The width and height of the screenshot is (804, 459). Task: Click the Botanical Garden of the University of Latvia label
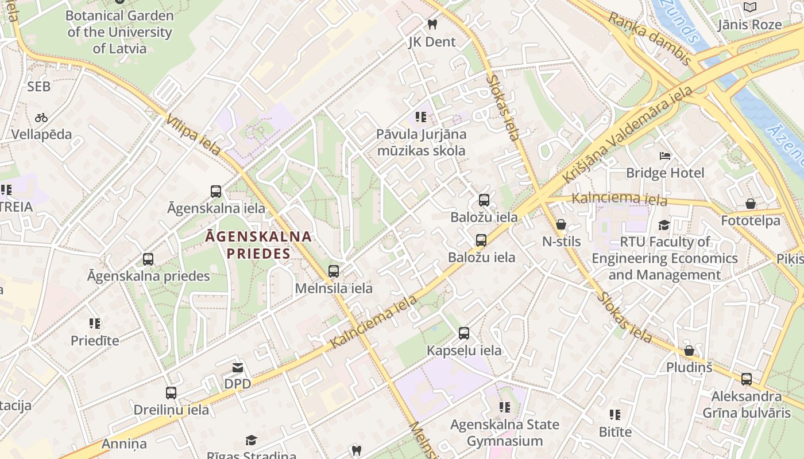coord(119,32)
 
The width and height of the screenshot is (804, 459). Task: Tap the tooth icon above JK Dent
coord(432,24)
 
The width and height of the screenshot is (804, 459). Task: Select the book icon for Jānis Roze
coord(750,7)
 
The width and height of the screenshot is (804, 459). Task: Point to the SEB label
coord(39,87)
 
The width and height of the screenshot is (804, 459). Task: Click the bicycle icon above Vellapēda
coord(41,118)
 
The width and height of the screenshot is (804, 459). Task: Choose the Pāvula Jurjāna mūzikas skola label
coord(421,142)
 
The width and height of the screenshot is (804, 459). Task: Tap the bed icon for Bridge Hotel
coord(665,155)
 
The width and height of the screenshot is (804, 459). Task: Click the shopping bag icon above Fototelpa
coord(750,204)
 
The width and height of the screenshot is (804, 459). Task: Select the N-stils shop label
coord(562,242)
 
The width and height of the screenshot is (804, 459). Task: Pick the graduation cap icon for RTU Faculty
coord(664,225)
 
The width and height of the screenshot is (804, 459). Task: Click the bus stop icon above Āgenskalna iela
coord(216,192)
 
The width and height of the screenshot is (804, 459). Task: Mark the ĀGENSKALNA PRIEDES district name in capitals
coord(258,244)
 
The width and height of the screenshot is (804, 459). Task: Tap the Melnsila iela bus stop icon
coord(334,271)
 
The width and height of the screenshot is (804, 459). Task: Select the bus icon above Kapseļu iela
coord(464,333)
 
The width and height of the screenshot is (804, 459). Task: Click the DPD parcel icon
coord(237,367)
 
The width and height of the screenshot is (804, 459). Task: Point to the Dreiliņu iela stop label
coord(171,410)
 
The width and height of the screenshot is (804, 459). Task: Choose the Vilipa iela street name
coord(194,135)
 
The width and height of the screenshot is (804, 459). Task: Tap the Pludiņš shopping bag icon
coord(689,351)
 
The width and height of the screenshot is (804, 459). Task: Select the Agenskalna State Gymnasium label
coord(504,433)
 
